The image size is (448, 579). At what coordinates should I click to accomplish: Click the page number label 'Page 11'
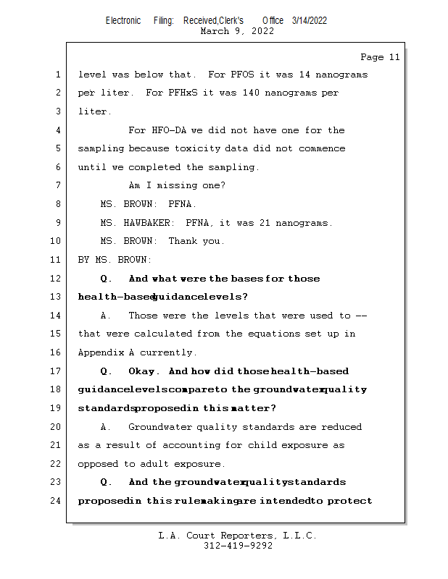tap(380, 57)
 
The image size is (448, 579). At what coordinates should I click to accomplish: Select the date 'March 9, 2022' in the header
tap(236, 31)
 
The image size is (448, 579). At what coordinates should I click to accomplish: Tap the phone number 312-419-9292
tap(238, 546)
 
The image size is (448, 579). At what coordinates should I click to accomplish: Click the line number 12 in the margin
tap(57, 279)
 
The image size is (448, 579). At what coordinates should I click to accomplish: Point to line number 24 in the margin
tap(57, 501)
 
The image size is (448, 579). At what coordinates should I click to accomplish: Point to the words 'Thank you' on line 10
tap(196, 241)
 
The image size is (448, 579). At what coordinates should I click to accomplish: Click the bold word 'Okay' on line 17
tap(144, 371)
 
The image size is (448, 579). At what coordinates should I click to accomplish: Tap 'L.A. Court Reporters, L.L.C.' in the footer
tap(238, 536)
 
